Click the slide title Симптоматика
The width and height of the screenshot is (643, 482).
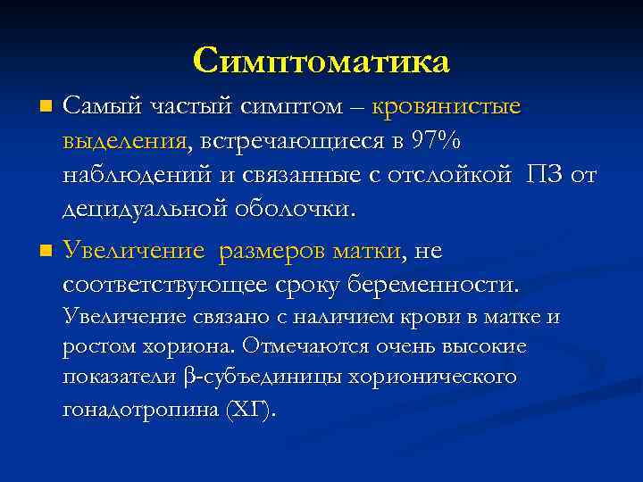coord(321,61)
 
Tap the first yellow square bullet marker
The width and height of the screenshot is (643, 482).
coord(46,108)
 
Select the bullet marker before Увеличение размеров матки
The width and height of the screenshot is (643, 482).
coord(46,253)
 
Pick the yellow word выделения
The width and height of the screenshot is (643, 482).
coord(124,141)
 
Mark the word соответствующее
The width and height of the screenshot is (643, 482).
coord(164,286)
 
